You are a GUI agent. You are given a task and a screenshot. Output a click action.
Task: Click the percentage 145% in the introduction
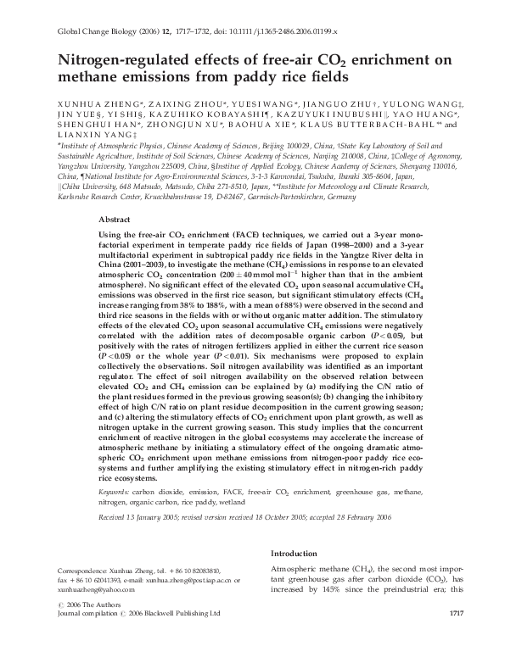354,588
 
